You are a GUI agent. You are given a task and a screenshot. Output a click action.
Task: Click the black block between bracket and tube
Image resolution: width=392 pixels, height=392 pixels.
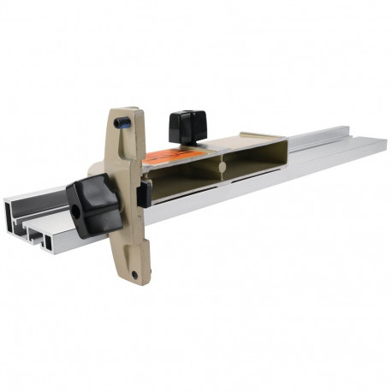tap(145, 195)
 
